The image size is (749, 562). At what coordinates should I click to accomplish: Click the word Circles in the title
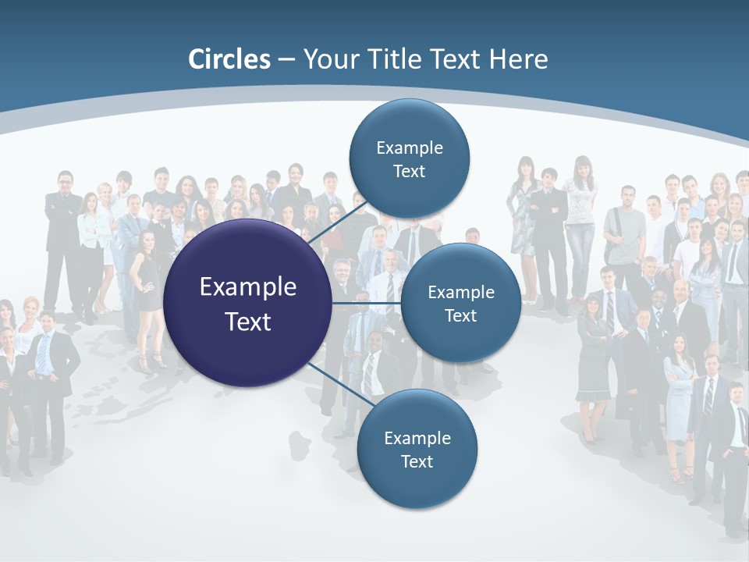point(229,59)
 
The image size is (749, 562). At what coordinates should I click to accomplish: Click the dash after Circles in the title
point(286,60)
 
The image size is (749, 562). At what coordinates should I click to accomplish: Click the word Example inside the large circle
point(248,286)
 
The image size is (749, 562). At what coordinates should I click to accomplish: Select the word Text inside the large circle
point(248,322)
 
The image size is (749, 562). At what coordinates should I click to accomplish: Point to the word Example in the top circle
point(409,148)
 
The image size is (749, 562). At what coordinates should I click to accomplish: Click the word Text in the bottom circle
point(417,461)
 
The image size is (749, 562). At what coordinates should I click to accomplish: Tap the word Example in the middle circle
point(460,293)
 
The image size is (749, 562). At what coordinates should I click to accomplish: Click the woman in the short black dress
point(147,289)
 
